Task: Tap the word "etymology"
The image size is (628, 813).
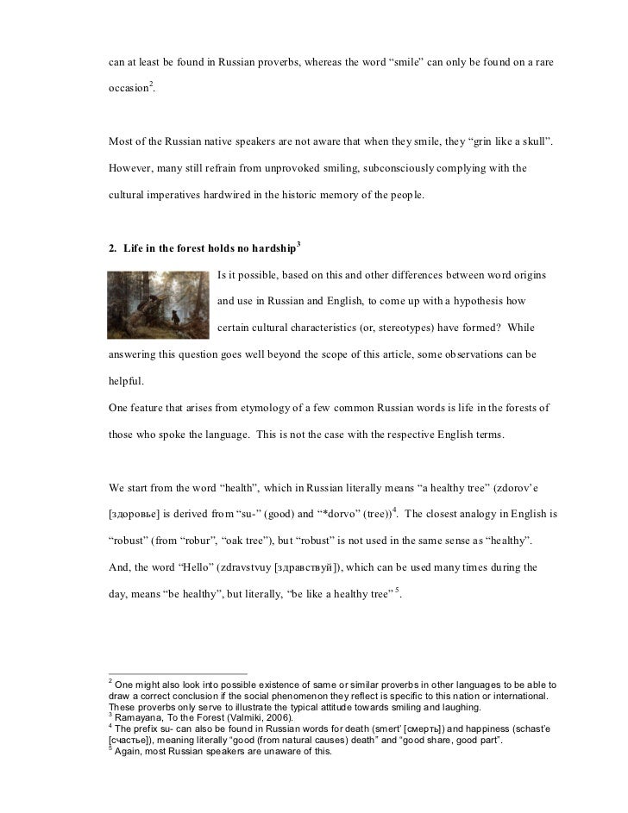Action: click(x=230, y=406)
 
